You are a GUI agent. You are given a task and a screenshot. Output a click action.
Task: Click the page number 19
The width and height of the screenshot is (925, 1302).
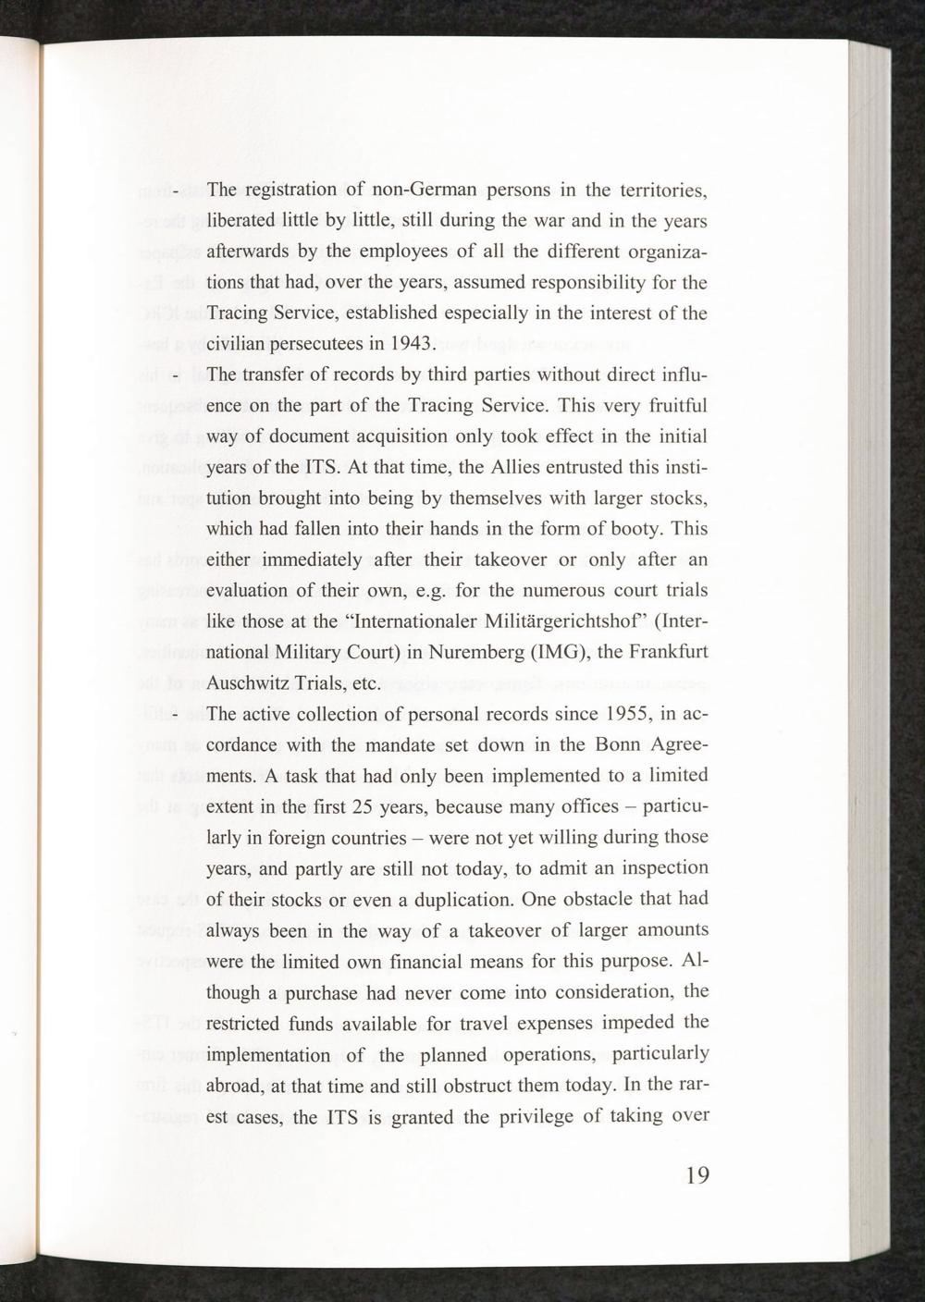pyautogui.click(x=697, y=1174)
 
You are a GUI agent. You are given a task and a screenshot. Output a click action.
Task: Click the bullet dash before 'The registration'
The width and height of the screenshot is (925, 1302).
pyautogui.click(x=175, y=191)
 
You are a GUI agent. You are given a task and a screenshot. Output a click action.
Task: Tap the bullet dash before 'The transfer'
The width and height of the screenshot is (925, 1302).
pyautogui.click(x=175, y=376)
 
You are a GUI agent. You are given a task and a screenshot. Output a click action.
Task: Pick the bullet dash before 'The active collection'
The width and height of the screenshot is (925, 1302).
pyautogui.click(x=175, y=715)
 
